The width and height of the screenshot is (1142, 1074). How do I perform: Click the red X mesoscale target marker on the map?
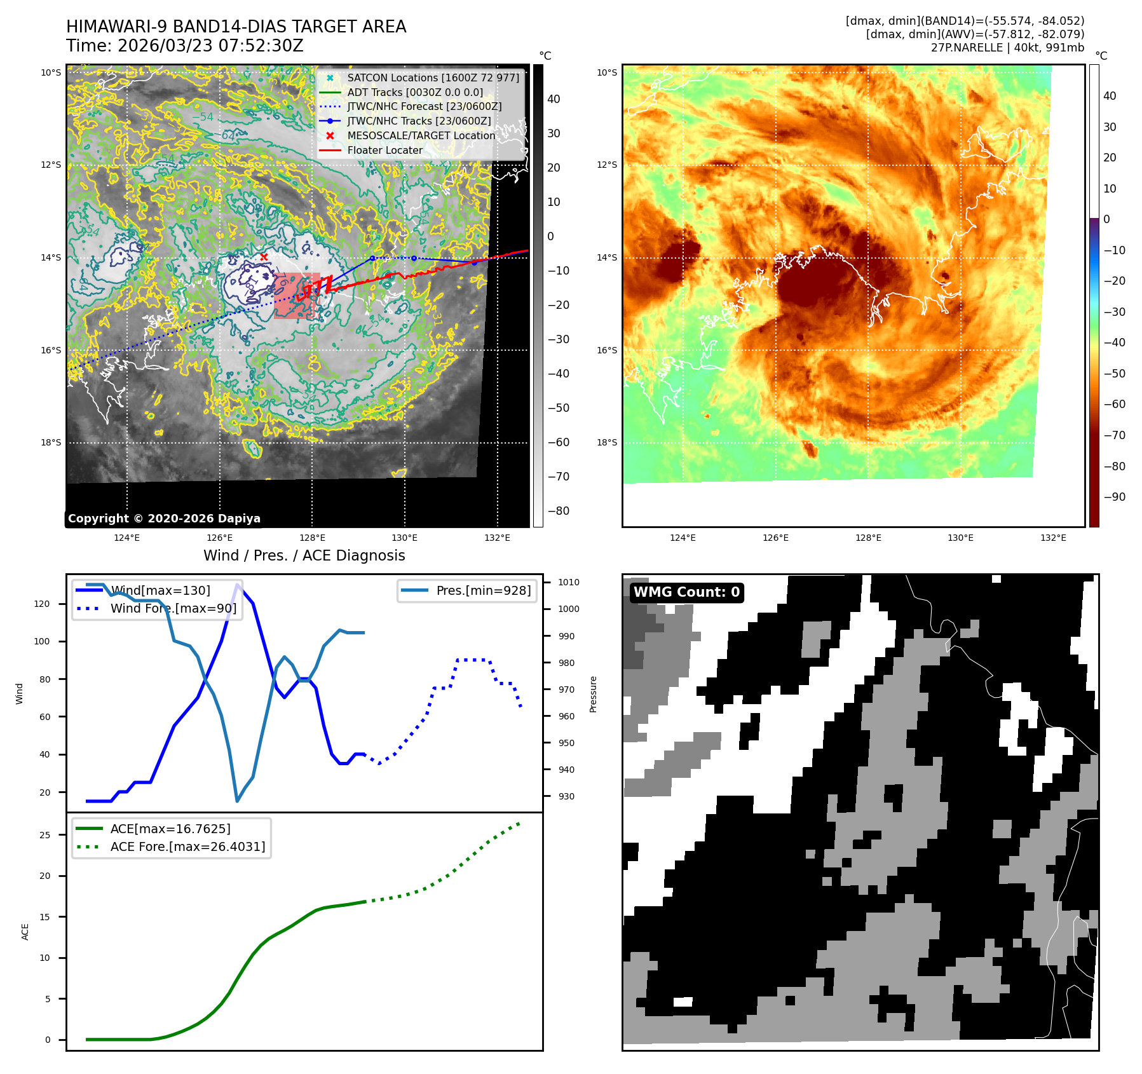[264, 257]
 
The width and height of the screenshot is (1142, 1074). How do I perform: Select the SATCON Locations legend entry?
[433, 78]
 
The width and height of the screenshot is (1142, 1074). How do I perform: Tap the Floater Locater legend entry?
[384, 150]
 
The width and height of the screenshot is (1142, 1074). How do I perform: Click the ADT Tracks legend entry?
[415, 92]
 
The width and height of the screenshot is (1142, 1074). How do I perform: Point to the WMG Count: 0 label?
[686, 592]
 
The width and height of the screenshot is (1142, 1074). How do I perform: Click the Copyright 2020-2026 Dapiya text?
[164, 519]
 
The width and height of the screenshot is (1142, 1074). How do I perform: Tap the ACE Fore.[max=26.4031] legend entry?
[187, 846]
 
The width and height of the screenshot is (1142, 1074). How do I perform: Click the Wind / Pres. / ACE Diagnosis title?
[304, 555]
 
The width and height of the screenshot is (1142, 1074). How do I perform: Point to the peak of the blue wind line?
[238, 585]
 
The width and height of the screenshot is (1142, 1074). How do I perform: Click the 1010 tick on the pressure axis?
[569, 582]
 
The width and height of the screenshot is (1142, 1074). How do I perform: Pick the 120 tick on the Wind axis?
[42, 604]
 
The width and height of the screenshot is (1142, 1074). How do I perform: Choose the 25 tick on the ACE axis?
[44, 835]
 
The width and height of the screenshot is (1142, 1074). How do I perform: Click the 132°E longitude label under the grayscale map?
[497, 538]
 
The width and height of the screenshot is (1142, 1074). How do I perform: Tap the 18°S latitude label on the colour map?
[606, 442]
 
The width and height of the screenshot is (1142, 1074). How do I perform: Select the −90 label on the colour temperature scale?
[1114, 497]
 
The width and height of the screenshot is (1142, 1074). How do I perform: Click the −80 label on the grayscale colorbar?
[558, 511]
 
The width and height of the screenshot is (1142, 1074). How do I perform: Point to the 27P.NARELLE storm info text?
[1007, 48]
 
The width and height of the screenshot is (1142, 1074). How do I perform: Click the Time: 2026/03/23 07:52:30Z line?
[185, 46]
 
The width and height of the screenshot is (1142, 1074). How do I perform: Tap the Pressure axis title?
[593, 694]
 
